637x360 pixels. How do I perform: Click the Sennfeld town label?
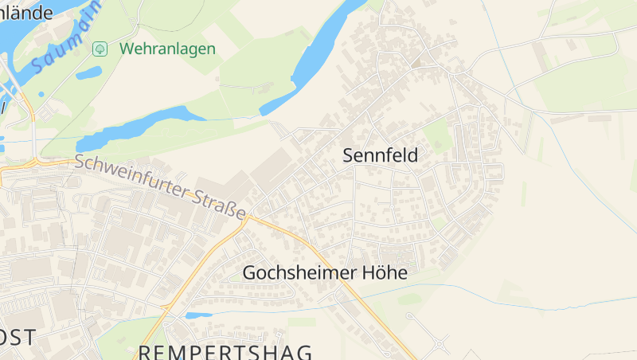pyautogui.click(x=380, y=155)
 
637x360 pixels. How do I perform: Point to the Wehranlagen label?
pyautogui.click(x=167, y=49)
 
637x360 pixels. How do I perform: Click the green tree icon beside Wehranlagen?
pyautogui.click(x=100, y=49)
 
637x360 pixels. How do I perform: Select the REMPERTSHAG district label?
pyautogui.click(x=225, y=351)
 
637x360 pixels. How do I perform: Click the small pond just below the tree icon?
pyautogui.click(x=88, y=73)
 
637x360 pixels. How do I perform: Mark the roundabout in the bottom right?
pyautogui.click(x=438, y=345)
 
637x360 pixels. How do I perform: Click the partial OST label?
pyautogui.click(x=18, y=337)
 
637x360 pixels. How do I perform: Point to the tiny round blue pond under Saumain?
pyautogui.click(x=41, y=94)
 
